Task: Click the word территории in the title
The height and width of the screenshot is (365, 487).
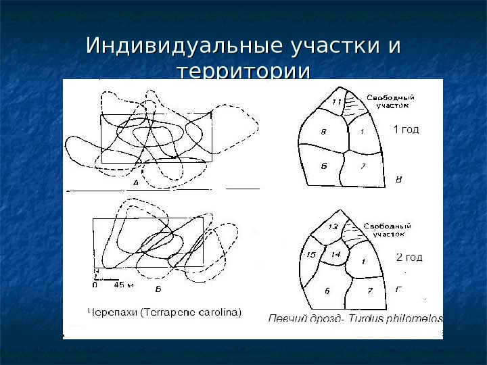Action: pyautogui.click(x=243, y=72)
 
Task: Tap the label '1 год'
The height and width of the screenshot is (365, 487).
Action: pyautogui.click(x=406, y=130)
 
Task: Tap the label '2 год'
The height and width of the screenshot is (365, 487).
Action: pyautogui.click(x=409, y=257)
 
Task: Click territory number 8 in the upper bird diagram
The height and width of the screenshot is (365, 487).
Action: pyautogui.click(x=323, y=132)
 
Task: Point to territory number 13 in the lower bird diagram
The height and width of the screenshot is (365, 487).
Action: pyautogui.click(x=333, y=227)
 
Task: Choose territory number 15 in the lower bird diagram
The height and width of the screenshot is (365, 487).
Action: pyautogui.click(x=311, y=255)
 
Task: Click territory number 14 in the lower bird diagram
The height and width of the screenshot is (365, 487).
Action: pyautogui.click(x=336, y=254)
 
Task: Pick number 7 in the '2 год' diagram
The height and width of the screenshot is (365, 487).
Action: pyautogui.click(x=369, y=291)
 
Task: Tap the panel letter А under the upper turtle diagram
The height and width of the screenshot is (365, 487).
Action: pyautogui.click(x=135, y=182)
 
